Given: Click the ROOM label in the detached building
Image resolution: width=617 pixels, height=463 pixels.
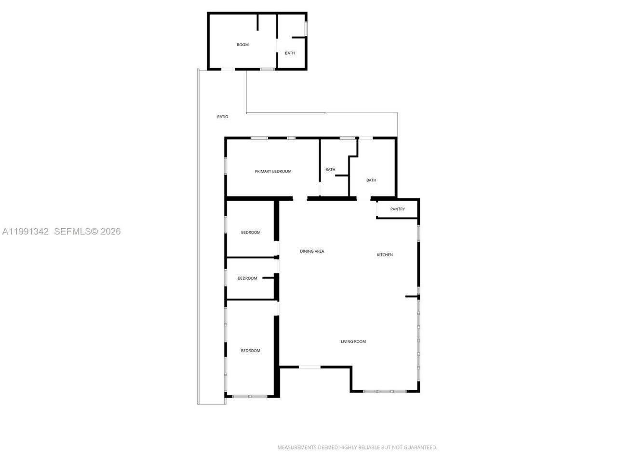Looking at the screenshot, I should tap(242, 45).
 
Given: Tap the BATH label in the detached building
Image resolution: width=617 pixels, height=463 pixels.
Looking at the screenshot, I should tap(290, 53).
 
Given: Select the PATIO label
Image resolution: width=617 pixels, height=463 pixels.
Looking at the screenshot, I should tap(223, 117).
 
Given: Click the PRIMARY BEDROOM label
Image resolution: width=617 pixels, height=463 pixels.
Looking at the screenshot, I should tap(273, 171).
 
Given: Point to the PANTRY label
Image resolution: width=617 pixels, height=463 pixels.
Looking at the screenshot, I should tap(397, 209).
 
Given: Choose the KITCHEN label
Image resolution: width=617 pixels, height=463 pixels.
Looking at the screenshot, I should tap(385, 255).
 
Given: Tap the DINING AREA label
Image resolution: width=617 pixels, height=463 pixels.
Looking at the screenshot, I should tap(312, 251).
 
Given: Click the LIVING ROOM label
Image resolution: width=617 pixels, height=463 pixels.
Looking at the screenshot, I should tap(353, 341).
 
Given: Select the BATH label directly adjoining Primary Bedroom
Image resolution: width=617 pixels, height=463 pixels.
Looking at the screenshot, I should tap(330, 170).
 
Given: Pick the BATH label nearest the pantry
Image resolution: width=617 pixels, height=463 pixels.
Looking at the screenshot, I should tap(371, 180).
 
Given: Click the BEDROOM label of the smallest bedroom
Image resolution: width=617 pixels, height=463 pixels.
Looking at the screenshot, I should tap(247, 278).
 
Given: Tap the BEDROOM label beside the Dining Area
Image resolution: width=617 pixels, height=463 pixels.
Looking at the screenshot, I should tap(251, 232).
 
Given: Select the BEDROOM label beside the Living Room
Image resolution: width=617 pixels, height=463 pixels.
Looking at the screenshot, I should tap(251, 351).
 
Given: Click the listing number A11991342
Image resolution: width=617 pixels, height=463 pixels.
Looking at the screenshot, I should tap(26, 231).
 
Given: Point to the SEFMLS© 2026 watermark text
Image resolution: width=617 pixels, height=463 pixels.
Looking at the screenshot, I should tap(87, 231).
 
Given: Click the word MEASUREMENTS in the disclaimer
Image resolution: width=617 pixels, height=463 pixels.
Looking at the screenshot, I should tap(296, 448).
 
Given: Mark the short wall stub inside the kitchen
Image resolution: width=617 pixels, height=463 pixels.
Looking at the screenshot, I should tap(411, 297).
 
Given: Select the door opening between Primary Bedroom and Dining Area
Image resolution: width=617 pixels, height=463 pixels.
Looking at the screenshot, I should tap(300, 198).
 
